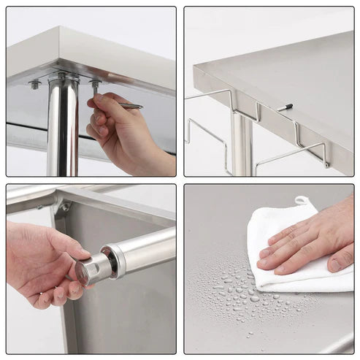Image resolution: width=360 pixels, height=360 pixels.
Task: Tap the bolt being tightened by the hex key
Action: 95,85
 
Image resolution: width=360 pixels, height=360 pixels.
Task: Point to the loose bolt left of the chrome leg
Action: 34,85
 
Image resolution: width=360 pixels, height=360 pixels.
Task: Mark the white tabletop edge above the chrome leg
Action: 88,53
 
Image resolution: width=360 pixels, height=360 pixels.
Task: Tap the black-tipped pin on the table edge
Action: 284,107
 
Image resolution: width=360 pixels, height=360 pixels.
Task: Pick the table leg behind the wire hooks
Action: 242,146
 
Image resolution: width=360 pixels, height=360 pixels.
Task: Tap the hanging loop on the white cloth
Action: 301,200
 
